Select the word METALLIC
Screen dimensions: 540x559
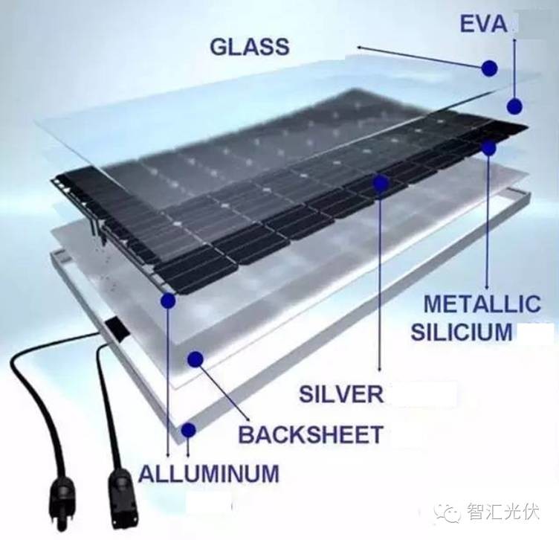(481, 304)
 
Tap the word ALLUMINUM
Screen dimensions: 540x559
(209, 473)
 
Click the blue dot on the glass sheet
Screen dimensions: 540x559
(488, 68)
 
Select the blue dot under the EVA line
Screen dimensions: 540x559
(514, 105)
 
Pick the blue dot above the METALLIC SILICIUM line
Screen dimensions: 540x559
(488, 148)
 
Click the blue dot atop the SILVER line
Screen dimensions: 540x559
(381, 181)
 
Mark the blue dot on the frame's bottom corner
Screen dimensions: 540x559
(188, 430)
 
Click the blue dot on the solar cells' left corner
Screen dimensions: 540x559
(168, 301)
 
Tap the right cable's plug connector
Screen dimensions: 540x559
(121, 490)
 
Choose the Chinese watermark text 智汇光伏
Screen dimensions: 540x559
(503, 512)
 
